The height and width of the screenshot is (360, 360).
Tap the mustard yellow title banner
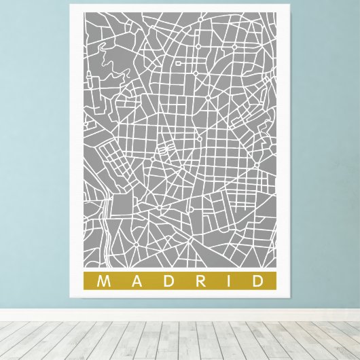(x=180, y=281)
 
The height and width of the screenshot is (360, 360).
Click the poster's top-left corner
(x=71, y=5)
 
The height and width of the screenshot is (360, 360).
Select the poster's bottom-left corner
(x=71, y=299)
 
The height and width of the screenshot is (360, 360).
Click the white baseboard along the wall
(x=180, y=314)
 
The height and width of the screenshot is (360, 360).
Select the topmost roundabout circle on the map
(x=234, y=47)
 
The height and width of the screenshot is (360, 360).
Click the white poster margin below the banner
(x=180, y=295)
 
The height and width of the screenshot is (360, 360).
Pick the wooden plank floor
(x=180, y=340)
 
